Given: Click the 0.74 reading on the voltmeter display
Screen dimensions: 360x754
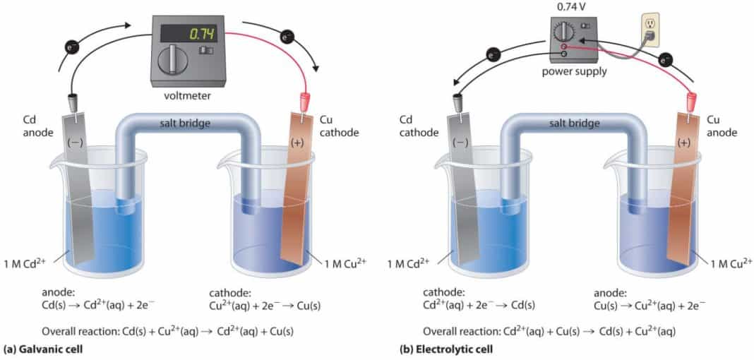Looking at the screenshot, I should [x=201, y=34].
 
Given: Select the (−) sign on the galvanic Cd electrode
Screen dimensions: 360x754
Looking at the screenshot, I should [x=76, y=141].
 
